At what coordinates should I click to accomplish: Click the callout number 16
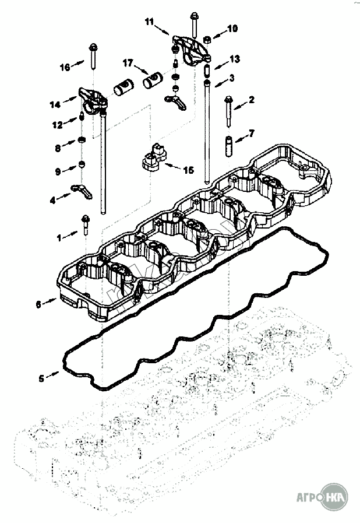65,67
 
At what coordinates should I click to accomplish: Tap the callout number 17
128,63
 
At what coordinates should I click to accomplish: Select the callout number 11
149,22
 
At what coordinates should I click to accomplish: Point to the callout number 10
232,29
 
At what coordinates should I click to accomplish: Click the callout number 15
188,170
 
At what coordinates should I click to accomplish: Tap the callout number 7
251,134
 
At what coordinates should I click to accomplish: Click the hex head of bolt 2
228,99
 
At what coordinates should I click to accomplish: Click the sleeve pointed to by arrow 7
229,147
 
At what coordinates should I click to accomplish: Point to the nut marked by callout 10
206,40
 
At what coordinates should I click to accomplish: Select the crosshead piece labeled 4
82,191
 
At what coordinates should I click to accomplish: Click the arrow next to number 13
220,65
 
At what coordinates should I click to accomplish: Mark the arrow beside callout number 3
220,83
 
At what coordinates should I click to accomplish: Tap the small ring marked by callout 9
82,164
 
